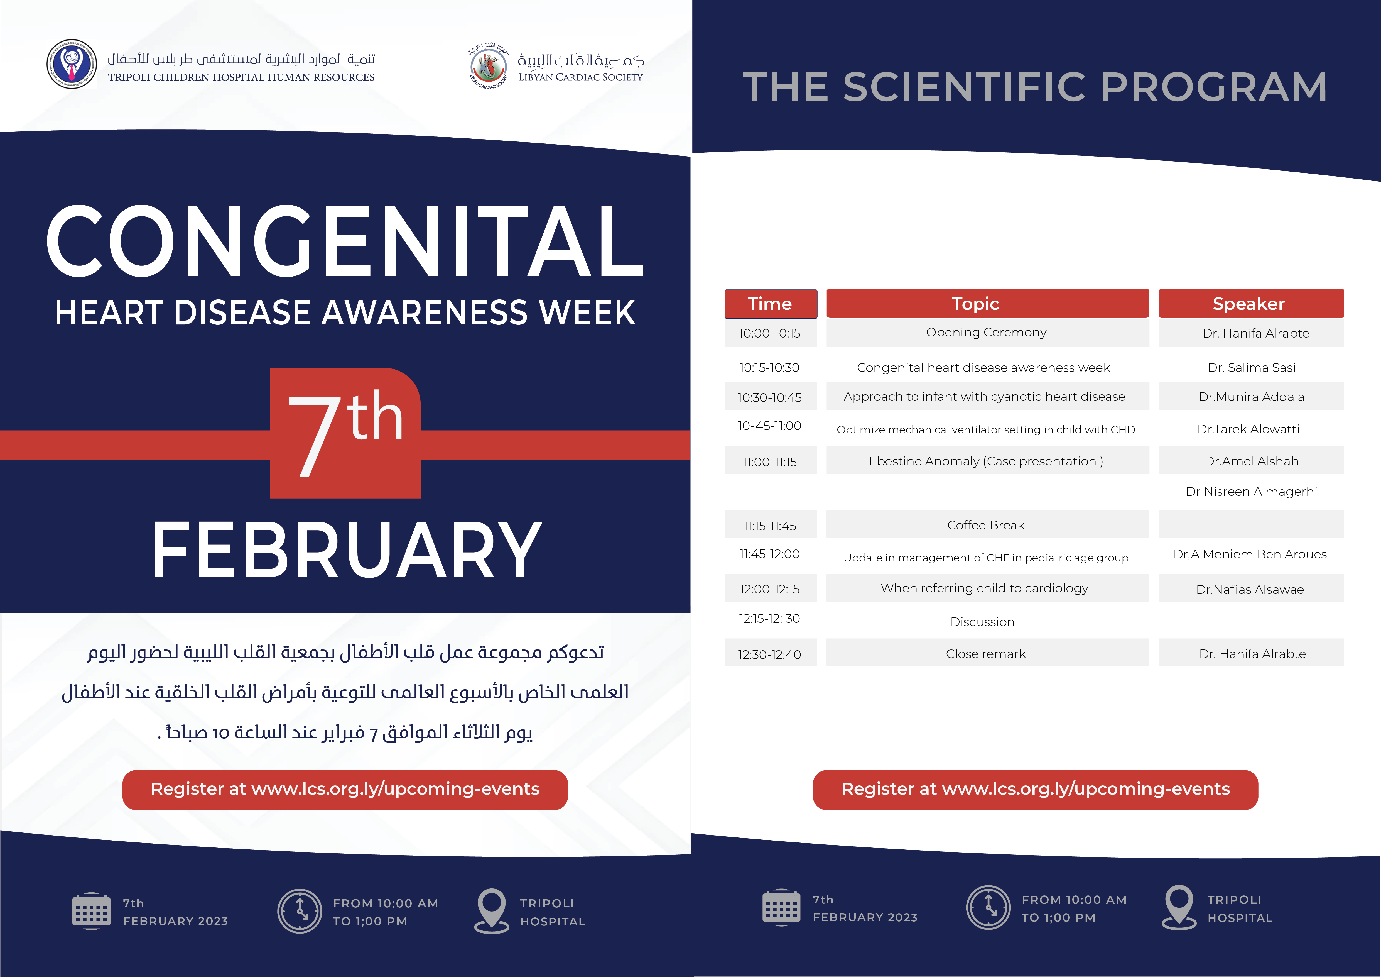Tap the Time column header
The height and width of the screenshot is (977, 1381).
(x=771, y=304)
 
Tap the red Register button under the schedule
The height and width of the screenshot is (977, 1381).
(x=1035, y=789)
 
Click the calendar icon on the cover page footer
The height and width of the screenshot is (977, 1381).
(x=91, y=911)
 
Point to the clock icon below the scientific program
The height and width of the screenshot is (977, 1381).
(x=988, y=907)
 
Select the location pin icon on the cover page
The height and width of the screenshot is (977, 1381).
(x=491, y=911)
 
